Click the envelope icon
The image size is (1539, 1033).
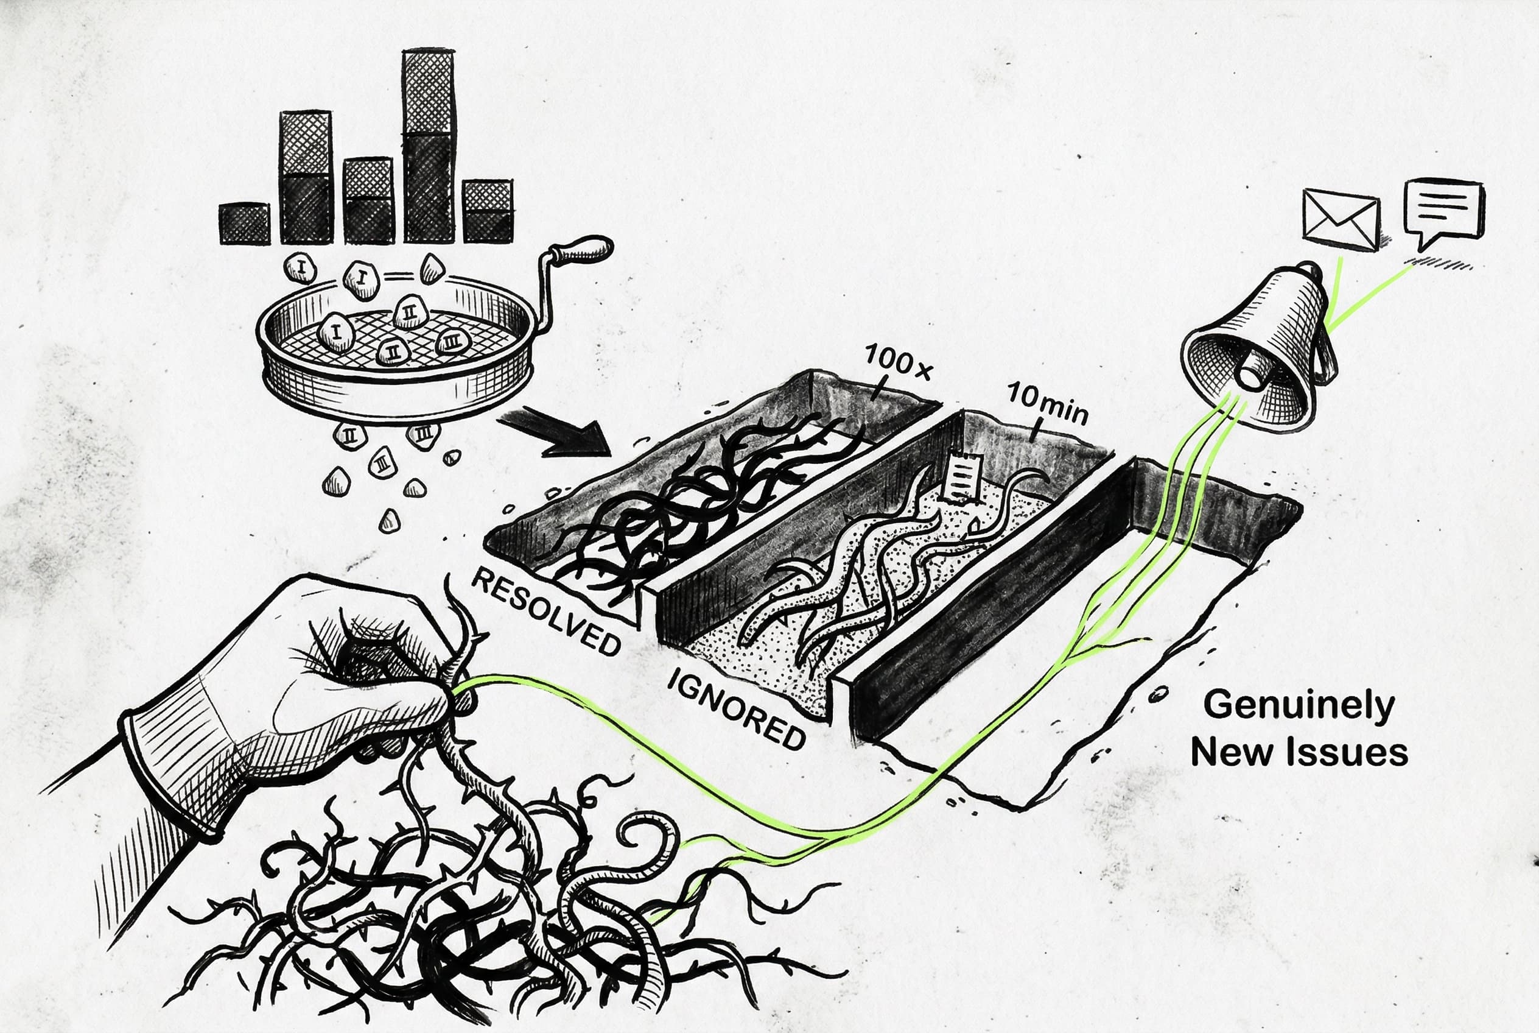[x=1341, y=219]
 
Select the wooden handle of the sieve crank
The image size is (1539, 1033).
[x=583, y=250]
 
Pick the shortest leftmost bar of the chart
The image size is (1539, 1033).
[x=244, y=224]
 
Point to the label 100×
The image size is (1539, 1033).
[x=897, y=363]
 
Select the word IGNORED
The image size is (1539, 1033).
[x=735, y=708]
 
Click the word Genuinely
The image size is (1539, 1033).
[x=1299, y=705]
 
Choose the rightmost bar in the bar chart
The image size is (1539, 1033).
[x=487, y=211]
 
